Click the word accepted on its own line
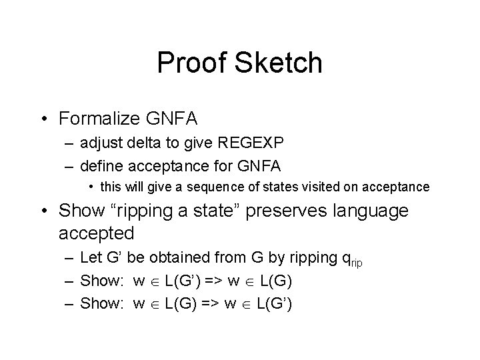coord(97,233)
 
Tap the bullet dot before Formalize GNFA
coord(45,119)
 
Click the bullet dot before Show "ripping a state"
coord(45,211)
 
